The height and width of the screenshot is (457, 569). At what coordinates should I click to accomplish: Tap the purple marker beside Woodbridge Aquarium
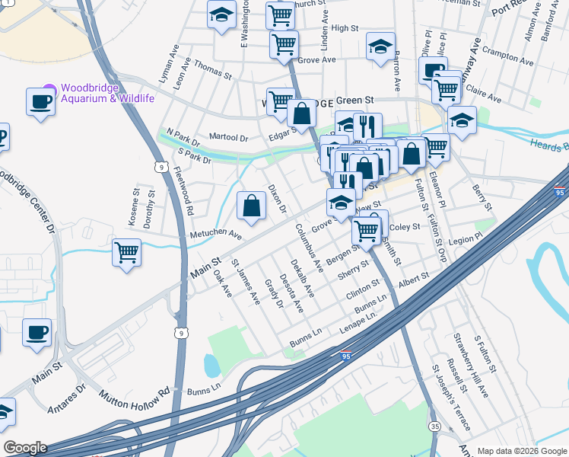50,90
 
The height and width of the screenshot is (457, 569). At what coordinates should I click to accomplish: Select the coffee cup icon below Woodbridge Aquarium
40,101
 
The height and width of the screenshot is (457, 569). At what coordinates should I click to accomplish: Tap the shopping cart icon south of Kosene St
126,251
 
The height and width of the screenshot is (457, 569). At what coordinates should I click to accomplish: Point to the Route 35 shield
434,426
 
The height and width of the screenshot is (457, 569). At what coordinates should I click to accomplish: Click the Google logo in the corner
24,447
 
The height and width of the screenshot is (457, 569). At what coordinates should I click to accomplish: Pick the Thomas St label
212,72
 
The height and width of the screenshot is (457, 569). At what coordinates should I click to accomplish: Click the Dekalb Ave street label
301,277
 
